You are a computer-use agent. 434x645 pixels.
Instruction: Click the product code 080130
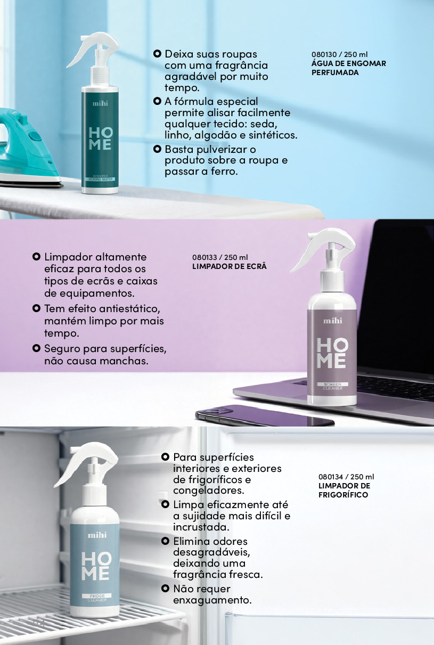324,54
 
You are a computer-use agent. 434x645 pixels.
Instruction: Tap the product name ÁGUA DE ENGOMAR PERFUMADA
348,68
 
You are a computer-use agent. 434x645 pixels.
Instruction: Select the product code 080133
204,257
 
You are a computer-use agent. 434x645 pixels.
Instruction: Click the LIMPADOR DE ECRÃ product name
230,266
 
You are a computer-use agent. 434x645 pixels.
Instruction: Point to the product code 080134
331,477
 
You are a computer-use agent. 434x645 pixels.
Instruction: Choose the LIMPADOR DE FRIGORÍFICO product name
344,490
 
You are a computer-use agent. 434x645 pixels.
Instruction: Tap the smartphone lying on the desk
264,415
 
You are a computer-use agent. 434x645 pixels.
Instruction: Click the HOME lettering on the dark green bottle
100,139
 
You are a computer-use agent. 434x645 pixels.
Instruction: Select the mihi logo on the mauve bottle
332,321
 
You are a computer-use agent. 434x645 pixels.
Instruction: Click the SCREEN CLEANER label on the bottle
332,386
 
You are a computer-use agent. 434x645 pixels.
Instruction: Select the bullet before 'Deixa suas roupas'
157,54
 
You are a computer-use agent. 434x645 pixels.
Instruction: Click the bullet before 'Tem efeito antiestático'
36,308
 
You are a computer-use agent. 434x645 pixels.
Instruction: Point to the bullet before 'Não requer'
165,588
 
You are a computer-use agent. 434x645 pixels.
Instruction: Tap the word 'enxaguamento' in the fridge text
212,600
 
